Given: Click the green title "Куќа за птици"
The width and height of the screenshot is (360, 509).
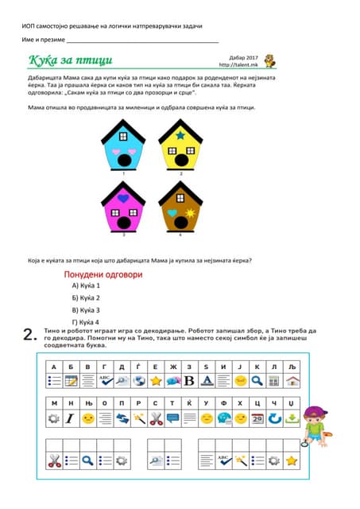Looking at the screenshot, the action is pyautogui.click(x=71, y=60).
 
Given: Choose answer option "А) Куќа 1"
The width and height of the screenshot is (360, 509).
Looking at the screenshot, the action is pyautogui.click(x=86, y=285).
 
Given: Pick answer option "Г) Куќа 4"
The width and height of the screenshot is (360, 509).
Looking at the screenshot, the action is pyautogui.click(x=86, y=322).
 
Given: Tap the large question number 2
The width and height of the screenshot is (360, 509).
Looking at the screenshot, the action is pyautogui.click(x=29, y=335).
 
